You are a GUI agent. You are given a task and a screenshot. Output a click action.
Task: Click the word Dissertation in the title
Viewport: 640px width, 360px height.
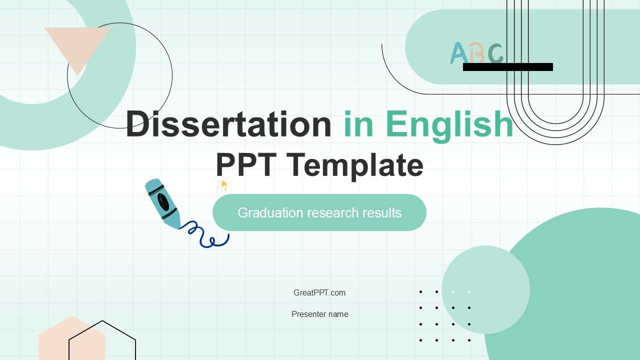coord(228,124)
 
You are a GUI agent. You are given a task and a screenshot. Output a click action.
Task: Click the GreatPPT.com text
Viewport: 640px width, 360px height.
coord(319,293)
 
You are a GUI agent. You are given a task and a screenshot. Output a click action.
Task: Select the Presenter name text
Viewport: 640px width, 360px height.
coord(319,314)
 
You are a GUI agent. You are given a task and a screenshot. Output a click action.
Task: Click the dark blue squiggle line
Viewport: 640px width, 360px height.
coord(205,235)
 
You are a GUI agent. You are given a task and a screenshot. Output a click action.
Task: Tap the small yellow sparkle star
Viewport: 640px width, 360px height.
coord(223,185)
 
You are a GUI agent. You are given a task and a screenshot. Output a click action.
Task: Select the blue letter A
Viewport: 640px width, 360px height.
coord(458,53)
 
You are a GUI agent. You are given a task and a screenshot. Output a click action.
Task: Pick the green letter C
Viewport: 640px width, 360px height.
coord(495,53)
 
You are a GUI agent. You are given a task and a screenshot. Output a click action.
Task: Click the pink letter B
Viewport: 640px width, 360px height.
coord(476,53)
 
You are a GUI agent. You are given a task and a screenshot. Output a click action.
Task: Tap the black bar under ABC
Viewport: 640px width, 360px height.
coord(507,67)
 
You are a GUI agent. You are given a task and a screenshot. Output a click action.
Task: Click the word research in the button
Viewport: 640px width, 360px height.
coord(332,213)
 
